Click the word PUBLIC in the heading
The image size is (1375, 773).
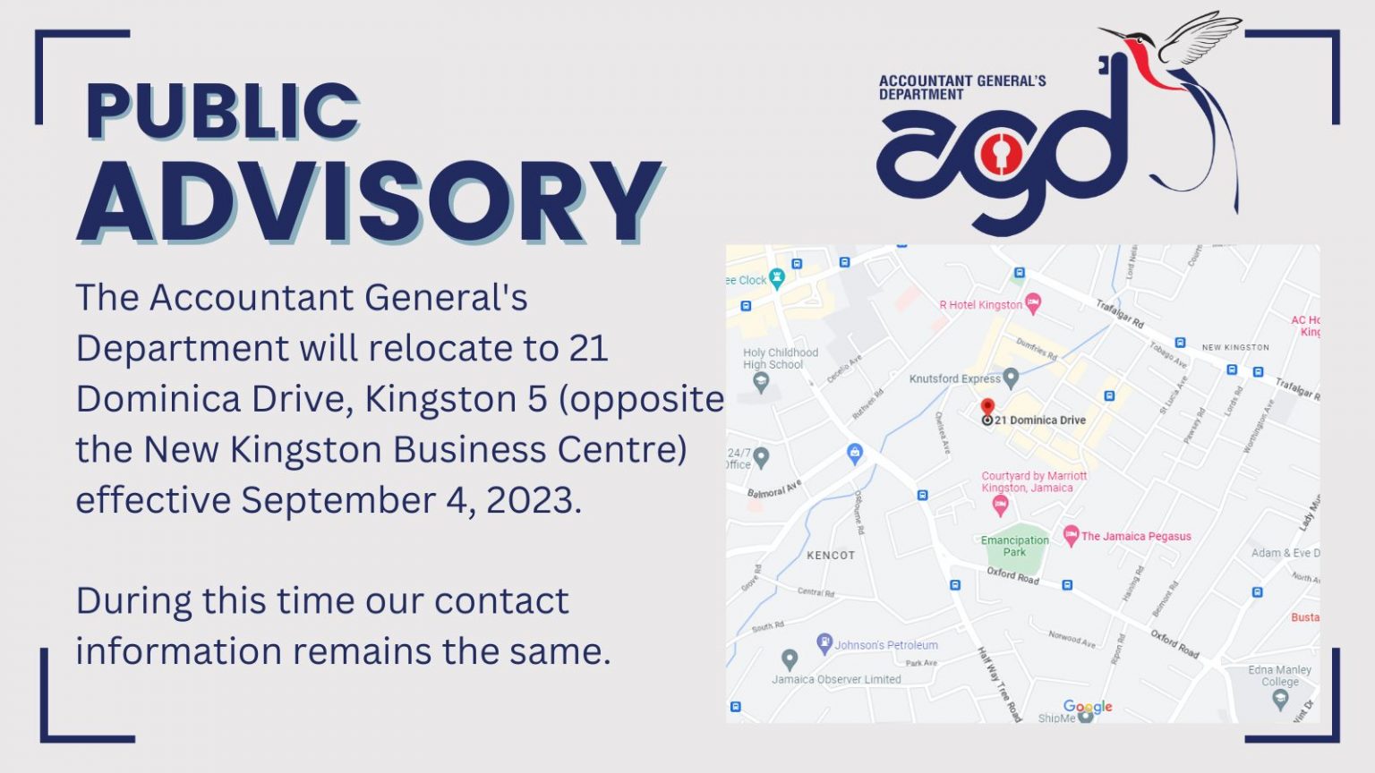point(222,111)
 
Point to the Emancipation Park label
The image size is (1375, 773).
point(1014,546)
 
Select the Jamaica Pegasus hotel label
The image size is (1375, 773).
point(1135,537)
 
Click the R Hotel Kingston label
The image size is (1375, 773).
point(980,305)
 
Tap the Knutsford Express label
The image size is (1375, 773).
point(954,378)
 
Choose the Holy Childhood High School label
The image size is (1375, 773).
point(780,359)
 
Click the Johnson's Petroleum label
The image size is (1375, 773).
point(886,645)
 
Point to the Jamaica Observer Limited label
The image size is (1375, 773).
point(836,679)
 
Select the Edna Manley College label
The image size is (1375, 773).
point(1279,675)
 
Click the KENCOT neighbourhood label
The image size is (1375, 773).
point(831,556)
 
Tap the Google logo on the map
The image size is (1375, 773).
point(1088,707)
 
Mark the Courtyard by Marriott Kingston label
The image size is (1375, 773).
point(1033,482)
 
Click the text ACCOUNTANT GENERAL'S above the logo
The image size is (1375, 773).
point(962,81)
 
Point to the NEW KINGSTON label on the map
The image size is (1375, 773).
point(1235,347)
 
